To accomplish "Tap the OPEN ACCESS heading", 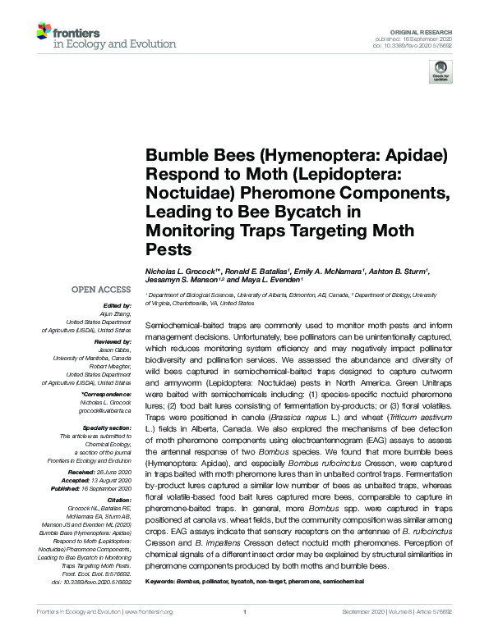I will point(100,290).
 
